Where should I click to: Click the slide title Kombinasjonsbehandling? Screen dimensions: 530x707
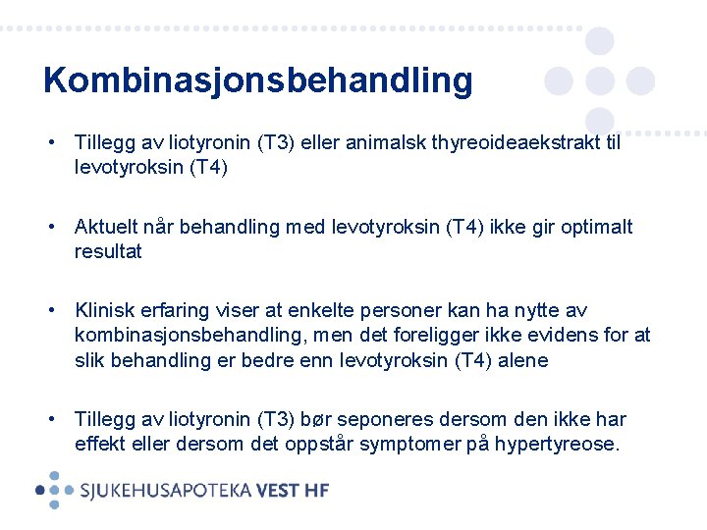click(x=257, y=80)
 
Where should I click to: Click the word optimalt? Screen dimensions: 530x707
click(x=597, y=228)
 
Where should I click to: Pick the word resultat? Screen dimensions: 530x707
click(x=108, y=252)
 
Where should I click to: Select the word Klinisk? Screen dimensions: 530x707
click(x=104, y=311)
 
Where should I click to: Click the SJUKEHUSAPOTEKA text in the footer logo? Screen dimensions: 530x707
click(x=166, y=490)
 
